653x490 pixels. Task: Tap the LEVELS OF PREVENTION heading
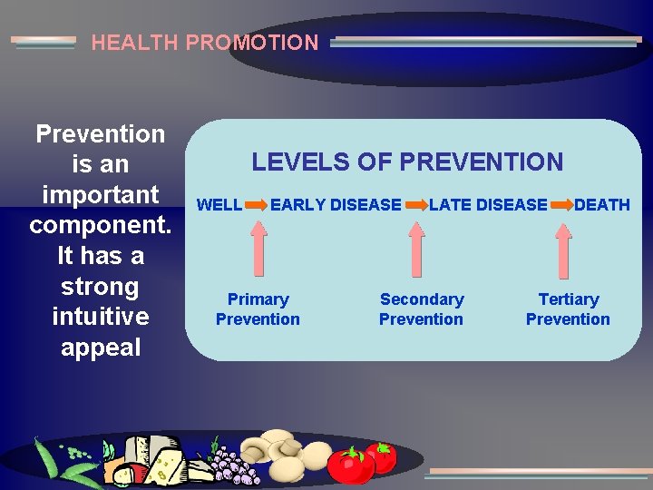(407, 162)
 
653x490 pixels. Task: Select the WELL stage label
(219, 205)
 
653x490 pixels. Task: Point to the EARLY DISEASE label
(336, 205)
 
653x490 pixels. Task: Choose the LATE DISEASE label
(488, 205)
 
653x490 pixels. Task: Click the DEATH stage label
(602, 205)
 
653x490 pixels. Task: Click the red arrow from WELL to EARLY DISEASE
(256, 205)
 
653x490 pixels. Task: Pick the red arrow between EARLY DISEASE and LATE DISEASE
(416, 205)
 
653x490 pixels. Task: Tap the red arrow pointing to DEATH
(561, 205)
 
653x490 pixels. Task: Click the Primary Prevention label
(258, 309)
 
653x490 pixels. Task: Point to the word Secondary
(422, 299)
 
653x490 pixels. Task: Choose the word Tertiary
(569, 299)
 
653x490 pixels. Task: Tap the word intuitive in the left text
(100, 318)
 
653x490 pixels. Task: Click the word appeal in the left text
(100, 348)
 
